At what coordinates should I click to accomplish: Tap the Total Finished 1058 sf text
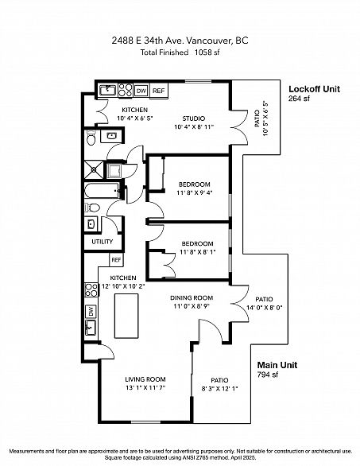180,52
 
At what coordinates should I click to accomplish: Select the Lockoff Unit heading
314,89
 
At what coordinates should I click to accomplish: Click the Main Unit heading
277,365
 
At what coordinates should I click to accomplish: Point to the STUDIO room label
194,118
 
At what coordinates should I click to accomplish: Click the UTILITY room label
103,242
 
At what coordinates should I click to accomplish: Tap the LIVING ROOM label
145,379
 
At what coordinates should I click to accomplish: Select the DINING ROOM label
192,297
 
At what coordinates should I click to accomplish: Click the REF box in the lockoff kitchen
159,91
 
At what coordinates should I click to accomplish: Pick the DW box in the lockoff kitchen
141,91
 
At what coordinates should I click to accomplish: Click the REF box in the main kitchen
116,260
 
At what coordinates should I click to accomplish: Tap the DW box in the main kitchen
91,312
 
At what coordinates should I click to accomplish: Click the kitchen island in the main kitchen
126,316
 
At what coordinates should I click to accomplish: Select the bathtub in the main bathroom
103,190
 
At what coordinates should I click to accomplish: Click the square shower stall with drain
94,169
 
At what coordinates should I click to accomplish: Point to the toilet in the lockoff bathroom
91,138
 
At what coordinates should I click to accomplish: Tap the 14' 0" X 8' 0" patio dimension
265,308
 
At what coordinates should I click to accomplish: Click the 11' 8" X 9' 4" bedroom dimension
195,192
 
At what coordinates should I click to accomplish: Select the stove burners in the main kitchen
91,290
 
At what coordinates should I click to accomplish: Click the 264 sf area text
299,99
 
